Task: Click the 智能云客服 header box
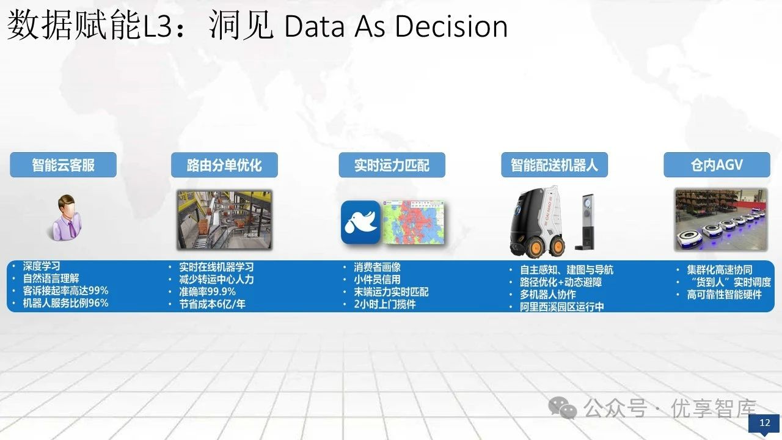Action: [63, 165]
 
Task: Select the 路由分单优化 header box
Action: [224, 165]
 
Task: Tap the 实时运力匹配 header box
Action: [392, 165]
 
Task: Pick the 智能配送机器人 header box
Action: [554, 165]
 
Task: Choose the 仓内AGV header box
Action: [717, 165]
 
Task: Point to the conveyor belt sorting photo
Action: [224, 219]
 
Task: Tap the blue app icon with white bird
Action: [360, 222]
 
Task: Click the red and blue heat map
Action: [414, 222]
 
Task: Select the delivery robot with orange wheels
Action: [537, 222]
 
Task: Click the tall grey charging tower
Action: [585, 222]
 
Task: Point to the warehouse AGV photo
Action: [721, 219]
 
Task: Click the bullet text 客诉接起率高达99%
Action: [65, 290]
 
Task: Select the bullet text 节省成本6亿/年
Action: [212, 304]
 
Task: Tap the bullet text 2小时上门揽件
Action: [385, 304]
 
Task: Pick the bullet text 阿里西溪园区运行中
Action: [562, 307]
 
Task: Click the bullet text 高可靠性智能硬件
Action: [725, 295]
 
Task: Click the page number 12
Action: [764, 423]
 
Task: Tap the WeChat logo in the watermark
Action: [563, 408]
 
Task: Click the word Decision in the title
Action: [451, 26]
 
